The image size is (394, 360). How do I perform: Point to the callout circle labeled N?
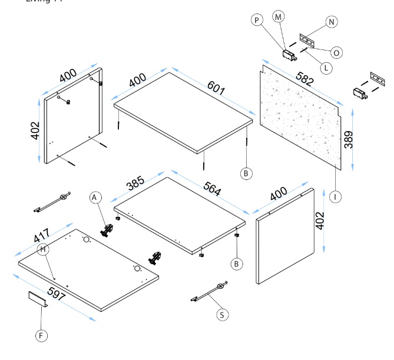[x=332, y=22]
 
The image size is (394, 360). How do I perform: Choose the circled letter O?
[x=337, y=52]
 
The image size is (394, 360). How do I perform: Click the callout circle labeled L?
[x=325, y=68]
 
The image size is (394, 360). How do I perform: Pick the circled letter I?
[x=336, y=197]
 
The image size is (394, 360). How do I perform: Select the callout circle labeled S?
[x=221, y=315]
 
